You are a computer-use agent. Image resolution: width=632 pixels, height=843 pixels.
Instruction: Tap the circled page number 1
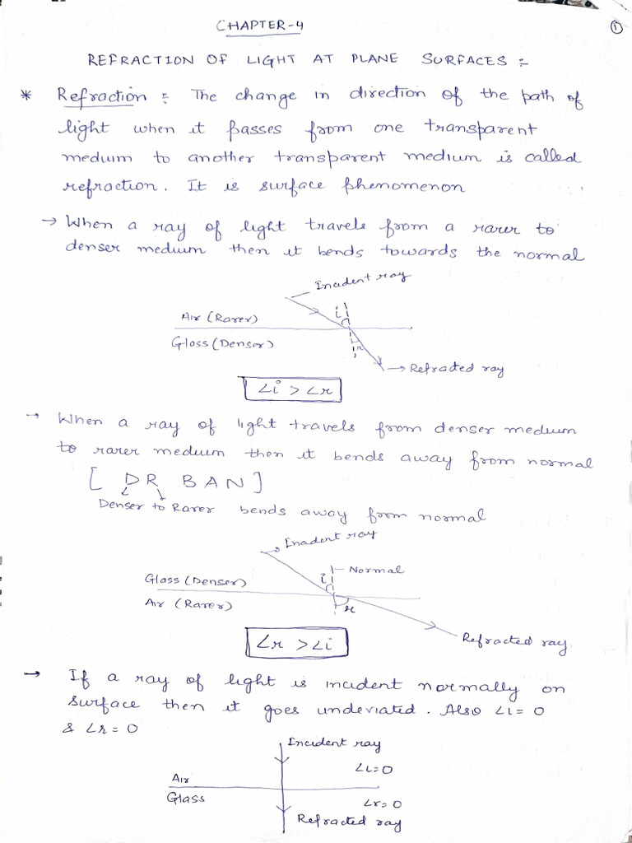pyautogui.click(x=617, y=27)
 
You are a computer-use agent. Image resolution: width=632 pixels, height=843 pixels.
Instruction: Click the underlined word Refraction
pyautogui.click(x=101, y=95)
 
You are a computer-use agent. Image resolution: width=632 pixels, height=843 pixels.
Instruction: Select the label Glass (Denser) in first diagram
pyautogui.click(x=222, y=343)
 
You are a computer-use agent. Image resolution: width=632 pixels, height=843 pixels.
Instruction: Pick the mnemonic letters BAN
pyautogui.click(x=219, y=479)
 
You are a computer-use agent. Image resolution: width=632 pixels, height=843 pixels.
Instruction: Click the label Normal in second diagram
pyautogui.click(x=375, y=570)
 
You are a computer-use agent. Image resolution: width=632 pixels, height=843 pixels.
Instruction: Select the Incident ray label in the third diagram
pyautogui.click(x=334, y=743)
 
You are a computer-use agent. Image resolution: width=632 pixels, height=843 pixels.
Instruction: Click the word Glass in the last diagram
pyautogui.click(x=185, y=798)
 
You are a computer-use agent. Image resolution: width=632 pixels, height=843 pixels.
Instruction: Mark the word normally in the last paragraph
pyautogui.click(x=468, y=685)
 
